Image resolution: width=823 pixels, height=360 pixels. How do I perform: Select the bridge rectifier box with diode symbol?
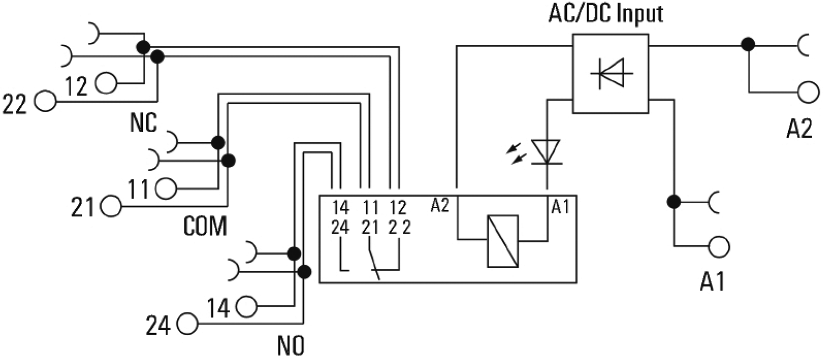[611, 73]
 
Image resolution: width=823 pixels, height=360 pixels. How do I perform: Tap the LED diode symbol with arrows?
[546, 152]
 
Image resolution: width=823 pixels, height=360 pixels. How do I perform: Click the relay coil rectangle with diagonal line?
[502, 241]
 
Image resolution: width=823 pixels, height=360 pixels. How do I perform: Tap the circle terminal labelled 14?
[247, 305]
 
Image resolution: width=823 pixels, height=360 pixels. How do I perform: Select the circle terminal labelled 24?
[187, 323]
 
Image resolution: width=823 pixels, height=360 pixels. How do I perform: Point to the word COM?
[205, 227]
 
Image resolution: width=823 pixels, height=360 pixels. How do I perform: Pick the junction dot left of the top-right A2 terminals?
[748, 45]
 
